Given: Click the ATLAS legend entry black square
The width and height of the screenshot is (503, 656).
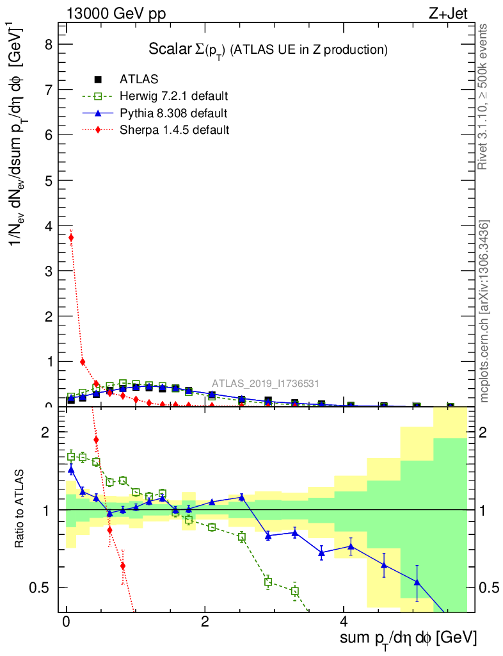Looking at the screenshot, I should point(98,79).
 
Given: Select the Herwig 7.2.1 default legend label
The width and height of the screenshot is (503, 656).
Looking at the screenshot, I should point(173,97).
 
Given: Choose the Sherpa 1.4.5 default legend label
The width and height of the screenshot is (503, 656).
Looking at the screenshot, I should point(174,130).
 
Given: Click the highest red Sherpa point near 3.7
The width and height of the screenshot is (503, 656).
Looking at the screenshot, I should point(71,238).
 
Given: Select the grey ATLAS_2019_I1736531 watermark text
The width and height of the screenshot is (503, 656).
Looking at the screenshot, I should point(266,384).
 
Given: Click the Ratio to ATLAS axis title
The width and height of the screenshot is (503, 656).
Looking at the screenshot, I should point(19,510).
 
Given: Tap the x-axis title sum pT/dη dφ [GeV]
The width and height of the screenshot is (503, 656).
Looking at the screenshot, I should point(409,638).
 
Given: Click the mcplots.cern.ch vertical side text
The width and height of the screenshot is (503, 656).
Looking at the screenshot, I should point(484,311).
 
